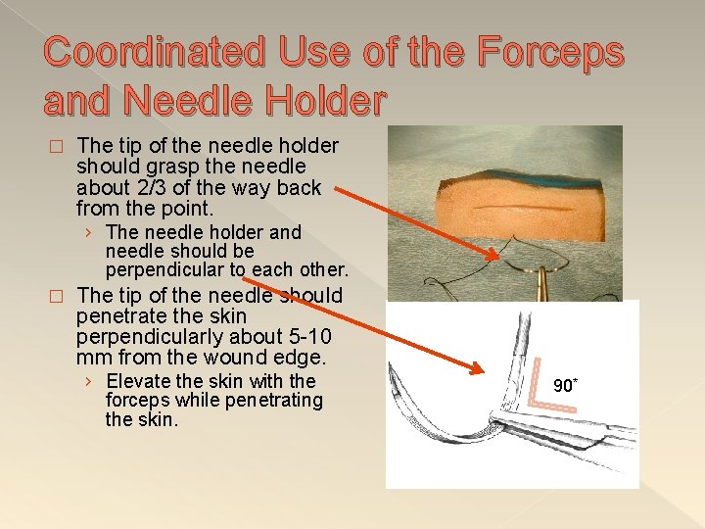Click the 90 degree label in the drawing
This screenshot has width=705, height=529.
pyautogui.click(x=565, y=385)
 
